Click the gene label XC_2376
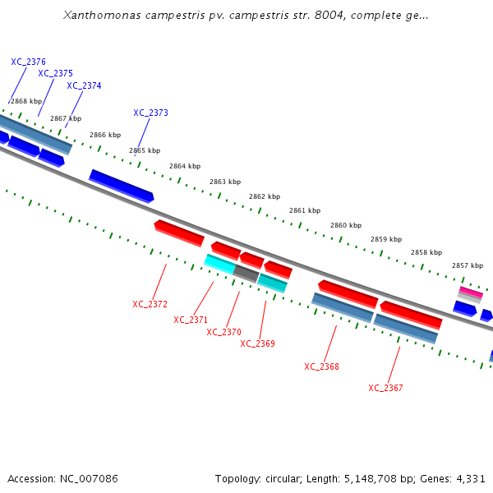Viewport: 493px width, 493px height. tap(28, 62)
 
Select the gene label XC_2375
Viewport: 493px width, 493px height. tap(55, 73)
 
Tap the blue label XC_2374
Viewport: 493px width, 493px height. tap(84, 85)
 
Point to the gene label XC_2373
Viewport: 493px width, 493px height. tap(150, 113)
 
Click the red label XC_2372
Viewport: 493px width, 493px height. tap(150, 304)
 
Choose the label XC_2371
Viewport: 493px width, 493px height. tap(191, 320)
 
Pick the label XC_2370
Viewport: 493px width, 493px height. tap(223, 332)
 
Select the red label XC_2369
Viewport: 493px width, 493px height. tap(257, 343)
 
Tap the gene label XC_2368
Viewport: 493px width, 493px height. tap(321, 366)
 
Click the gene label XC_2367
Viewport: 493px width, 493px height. tap(385, 388)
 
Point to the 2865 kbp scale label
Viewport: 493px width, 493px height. tap(145, 150)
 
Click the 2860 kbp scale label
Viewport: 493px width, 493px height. tap(346, 225)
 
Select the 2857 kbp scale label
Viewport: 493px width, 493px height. tap(468, 265)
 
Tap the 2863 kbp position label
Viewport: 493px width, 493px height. tap(225, 182)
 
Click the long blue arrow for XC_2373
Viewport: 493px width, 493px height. tap(121, 186)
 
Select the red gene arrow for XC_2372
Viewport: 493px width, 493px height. tap(179, 233)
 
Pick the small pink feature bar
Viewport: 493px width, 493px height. tap(471, 292)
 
